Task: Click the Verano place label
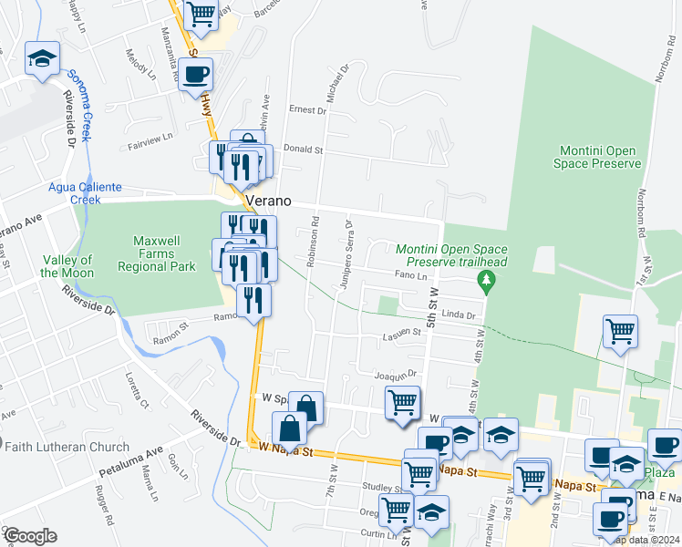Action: tap(267, 201)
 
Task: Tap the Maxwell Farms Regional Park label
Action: tap(165, 254)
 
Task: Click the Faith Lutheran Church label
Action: tap(65, 447)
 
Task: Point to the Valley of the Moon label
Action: tap(67, 266)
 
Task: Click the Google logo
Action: tap(29, 536)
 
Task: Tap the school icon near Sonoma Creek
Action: tap(41, 60)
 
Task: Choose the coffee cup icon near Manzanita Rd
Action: tap(195, 76)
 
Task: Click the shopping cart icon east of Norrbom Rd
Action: tap(620, 332)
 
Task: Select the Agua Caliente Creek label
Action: tap(85, 193)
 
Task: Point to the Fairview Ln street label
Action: tap(150, 139)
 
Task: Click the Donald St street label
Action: tap(304, 149)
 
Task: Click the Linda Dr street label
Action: tap(459, 315)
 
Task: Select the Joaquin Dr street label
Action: tap(395, 374)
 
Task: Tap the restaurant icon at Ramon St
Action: tap(253, 300)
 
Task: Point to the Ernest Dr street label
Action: tap(307, 110)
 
